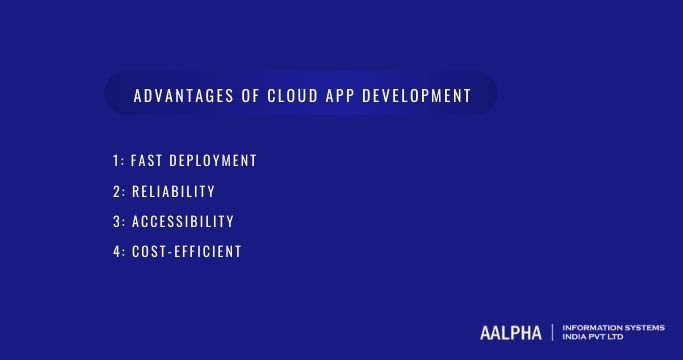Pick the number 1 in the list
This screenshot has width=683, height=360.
(x=116, y=161)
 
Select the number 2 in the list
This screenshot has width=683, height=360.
(x=116, y=191)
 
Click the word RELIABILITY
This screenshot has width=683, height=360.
(x=173, y=191)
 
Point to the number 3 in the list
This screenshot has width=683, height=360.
(x=116, y=221)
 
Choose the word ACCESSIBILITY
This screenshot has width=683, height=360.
(x=182, y=221)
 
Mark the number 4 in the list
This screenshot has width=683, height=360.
(x=116, y=251)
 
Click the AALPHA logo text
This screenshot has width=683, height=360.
(x=511, y=331)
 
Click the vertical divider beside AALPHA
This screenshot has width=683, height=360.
(x=553, y=331)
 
